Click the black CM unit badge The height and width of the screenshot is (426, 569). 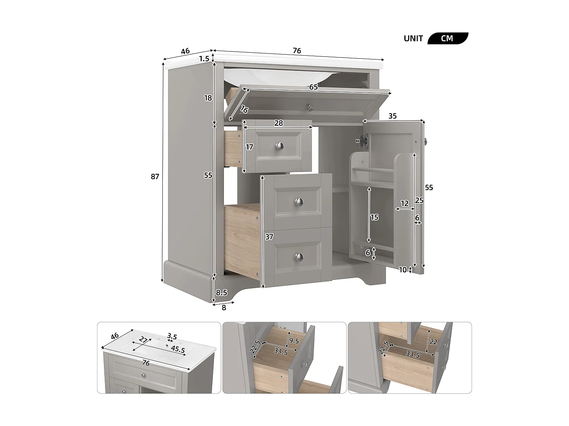(x=447, y=39)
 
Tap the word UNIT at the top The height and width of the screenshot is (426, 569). (x=413, y=39)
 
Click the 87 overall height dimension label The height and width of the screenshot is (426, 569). (x=155, y=176)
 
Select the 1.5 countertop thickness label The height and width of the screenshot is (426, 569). (x=204, y=59)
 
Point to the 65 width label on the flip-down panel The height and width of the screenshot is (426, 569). (x=313, y=87)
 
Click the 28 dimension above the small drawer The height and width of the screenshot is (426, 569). (x=278, y=123)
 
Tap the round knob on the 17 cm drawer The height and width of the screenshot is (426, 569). (x=280, y=145)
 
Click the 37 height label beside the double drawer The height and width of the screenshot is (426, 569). (x=269, y=237)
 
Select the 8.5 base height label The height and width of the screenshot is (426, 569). (x=222, y=292)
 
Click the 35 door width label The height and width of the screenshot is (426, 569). (x=393, y=116)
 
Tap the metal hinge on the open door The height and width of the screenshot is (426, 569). (x=362, y=141)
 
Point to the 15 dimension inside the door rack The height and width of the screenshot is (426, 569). (x=374, y=217)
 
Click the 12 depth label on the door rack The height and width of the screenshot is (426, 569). (x=405, y=204)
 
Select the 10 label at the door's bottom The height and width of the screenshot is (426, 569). (x=403, y=270)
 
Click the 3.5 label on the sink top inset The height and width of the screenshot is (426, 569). (x=172, y=336)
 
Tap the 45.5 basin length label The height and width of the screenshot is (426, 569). (x=178, y=350)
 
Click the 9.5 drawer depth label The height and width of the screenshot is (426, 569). (x=294, y=341)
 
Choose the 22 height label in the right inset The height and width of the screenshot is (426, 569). (x=434, y=342)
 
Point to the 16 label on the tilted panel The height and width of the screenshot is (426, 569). (x=244, y=110)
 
